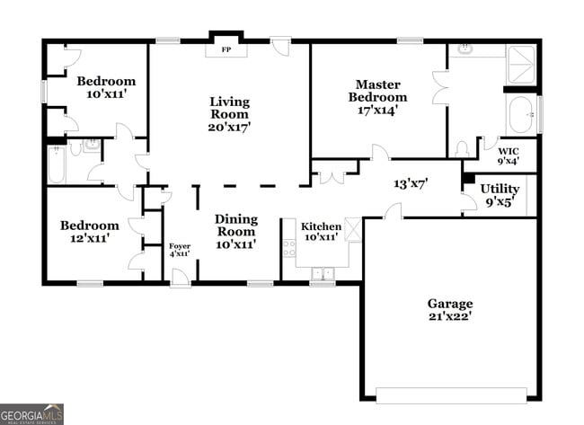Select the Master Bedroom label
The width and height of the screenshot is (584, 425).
377,91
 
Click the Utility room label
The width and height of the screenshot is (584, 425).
499,189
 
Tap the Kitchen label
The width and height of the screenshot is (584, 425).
321,226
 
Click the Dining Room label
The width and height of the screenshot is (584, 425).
235,226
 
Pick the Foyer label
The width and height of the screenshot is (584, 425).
180,247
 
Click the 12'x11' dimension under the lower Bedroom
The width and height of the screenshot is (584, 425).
89,238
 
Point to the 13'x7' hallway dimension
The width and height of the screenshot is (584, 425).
411,182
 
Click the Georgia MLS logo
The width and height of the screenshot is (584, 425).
32,414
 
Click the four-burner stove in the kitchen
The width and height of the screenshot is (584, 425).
289,248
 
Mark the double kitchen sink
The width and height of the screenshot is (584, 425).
322,273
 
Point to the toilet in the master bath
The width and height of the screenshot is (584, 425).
462,148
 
